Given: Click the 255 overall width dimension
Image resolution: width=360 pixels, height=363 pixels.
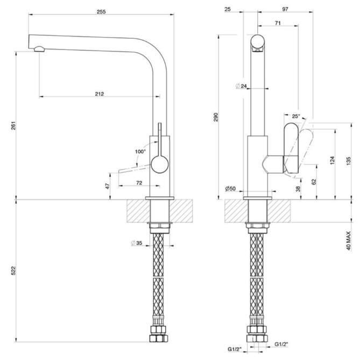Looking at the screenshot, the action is tap(101, 12).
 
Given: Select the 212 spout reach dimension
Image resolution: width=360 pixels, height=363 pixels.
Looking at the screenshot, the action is tap(100, 94).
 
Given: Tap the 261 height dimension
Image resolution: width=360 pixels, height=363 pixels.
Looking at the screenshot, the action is tap(13, 125).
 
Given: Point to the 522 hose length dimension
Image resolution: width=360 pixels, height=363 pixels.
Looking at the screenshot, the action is tap(13, 271).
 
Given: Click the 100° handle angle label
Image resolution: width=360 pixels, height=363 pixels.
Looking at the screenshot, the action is tap(140, 152).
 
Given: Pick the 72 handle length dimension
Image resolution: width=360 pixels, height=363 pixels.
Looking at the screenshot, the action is tap(139, 183).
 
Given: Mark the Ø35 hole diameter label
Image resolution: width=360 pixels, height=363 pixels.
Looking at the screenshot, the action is tap(137, 243).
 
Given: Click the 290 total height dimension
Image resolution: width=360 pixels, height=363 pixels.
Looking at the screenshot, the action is tap(216, 117).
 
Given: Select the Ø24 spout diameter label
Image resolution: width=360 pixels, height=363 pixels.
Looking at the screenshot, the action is tap(241, 86).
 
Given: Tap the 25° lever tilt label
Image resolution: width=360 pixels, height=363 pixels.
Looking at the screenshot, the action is tap(296, 116).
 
